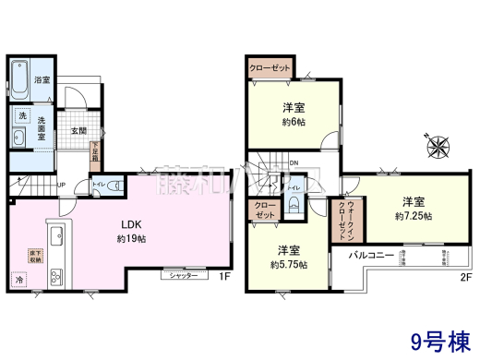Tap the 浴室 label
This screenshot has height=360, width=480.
point(42,81)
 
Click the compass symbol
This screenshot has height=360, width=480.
point(437,146)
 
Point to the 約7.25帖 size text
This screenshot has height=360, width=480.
point(414,215)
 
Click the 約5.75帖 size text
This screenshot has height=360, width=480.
point(288,263)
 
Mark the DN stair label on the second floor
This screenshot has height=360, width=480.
point(294,164)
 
